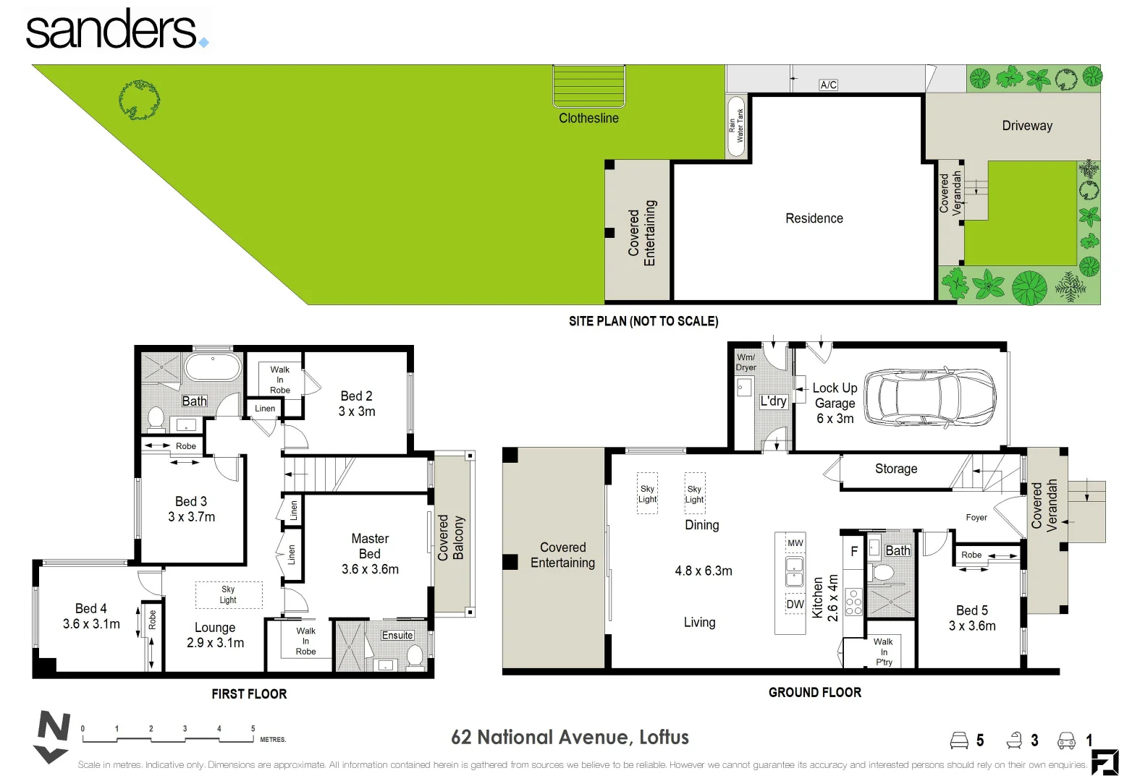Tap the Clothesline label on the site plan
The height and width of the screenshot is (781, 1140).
point(588,118)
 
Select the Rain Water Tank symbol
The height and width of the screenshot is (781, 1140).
point(737,126)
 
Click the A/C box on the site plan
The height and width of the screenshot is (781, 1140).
point(828,85)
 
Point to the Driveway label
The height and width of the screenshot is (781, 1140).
point(1026,126)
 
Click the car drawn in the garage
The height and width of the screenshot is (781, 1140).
point(929,398)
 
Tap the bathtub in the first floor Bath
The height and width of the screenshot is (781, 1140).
point(213,367)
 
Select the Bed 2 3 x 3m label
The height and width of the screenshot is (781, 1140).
point(357,404)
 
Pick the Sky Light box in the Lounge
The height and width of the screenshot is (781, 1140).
point(229,594)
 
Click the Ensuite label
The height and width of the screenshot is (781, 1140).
point(397,635)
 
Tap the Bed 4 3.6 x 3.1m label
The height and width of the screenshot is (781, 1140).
point(91,616)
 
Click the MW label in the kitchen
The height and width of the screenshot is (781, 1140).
point(795,543)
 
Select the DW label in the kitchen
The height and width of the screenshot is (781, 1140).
point(795,605)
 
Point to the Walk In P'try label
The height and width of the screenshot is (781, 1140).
point(883,652)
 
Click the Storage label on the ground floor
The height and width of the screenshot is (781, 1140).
point(895,469)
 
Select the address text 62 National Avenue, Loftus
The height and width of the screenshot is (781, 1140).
point(570,738)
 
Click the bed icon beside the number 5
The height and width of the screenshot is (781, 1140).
point(959,741)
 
